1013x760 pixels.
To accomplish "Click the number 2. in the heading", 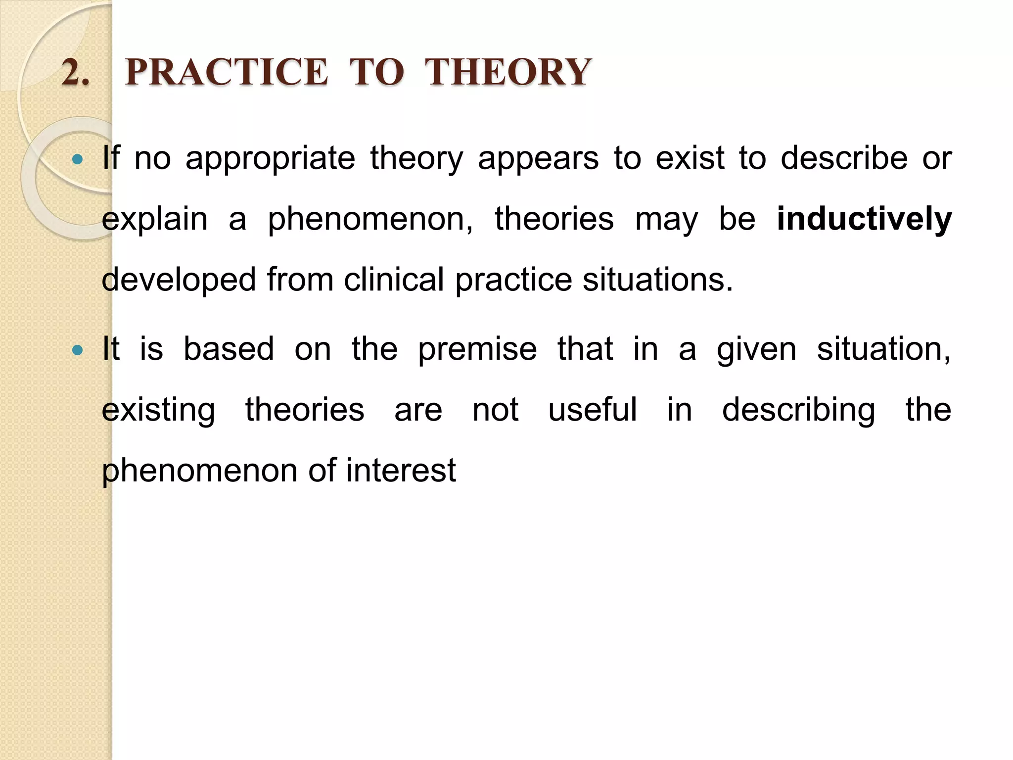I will tap(76, 72).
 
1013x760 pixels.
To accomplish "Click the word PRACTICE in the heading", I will tap(226, 72).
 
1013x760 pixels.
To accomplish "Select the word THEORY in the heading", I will tap(507, 72).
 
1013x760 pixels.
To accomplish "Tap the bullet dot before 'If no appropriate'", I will tap(77, 159).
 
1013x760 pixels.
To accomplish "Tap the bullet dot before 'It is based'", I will tap(77, 350).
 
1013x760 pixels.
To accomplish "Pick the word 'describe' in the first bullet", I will tap(844, 158).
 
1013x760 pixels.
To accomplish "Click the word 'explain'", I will tap(154, 220).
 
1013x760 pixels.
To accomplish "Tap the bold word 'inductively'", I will tap(864, 220).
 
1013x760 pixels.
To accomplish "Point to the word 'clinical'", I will tap(394, 280).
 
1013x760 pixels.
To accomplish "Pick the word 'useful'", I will tap(593, 410).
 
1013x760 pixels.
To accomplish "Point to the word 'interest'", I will tap(401, 471).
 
